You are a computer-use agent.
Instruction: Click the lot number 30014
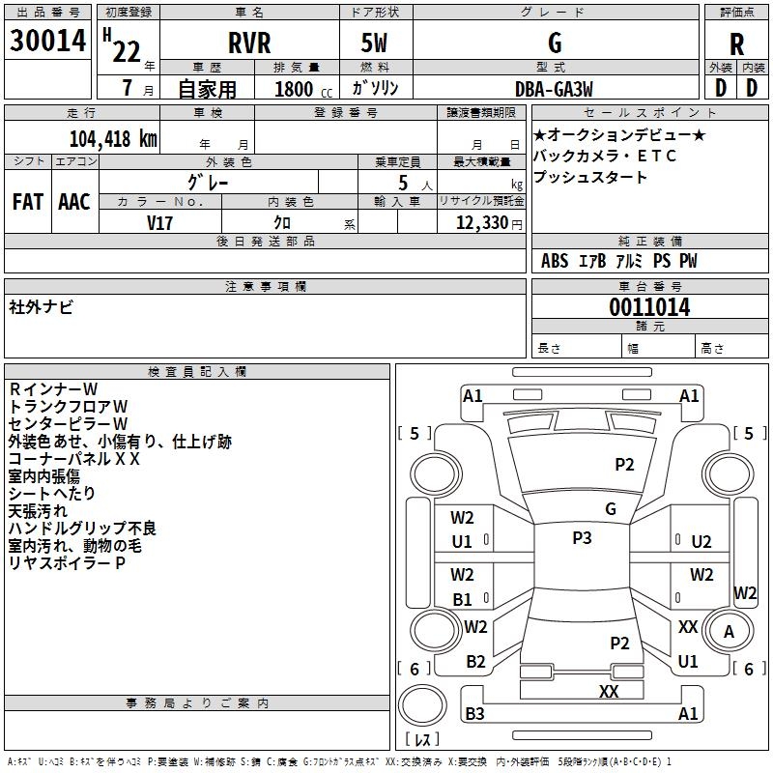pos(47,41)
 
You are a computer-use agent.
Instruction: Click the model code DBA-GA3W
pos(554,89)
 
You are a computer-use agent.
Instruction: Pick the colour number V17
pos(160,221)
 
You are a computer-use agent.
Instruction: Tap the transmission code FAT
pos(27,201)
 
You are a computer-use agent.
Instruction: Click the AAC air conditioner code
pos(74,201)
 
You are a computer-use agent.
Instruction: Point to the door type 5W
pos(375,43)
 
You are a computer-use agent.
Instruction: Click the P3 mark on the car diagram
pos(582,538)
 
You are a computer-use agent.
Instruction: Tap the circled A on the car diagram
pos(730,632)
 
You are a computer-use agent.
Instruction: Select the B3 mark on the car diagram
pos(474,714)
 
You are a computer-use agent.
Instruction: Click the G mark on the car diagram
pos(611,509)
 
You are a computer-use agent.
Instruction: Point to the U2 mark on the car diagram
pos(701,542)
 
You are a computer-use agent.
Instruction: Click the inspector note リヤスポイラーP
pos(67,563)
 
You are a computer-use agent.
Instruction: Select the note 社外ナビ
pos(41,306)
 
